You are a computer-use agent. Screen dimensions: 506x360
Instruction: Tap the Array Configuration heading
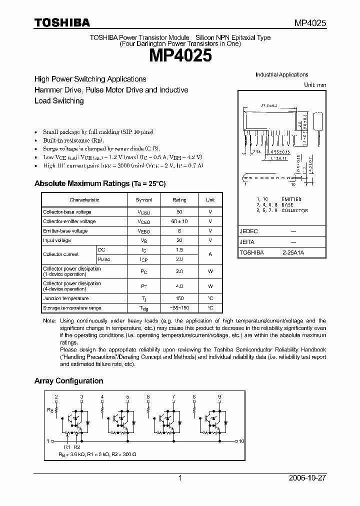coord(68,381)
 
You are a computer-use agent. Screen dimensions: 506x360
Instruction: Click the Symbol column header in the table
coord(143,200)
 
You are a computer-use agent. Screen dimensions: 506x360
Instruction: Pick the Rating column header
coord(179,200)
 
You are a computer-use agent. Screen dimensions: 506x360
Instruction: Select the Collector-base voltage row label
coord(67,212)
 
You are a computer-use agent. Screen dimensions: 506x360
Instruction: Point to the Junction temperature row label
coord(65,298)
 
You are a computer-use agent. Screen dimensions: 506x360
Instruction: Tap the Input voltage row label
coord(57,240)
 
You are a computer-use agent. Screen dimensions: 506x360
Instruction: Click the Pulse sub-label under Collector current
coord(104,259)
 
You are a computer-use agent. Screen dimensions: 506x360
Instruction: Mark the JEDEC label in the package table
coord(249,232)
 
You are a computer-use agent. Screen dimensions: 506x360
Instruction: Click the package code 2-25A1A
coord(292,253)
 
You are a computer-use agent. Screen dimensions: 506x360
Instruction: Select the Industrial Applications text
coord(281,75)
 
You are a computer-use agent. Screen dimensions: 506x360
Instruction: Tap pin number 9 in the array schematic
coord(219,396)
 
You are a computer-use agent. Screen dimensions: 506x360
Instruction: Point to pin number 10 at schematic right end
coord(241,441)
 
